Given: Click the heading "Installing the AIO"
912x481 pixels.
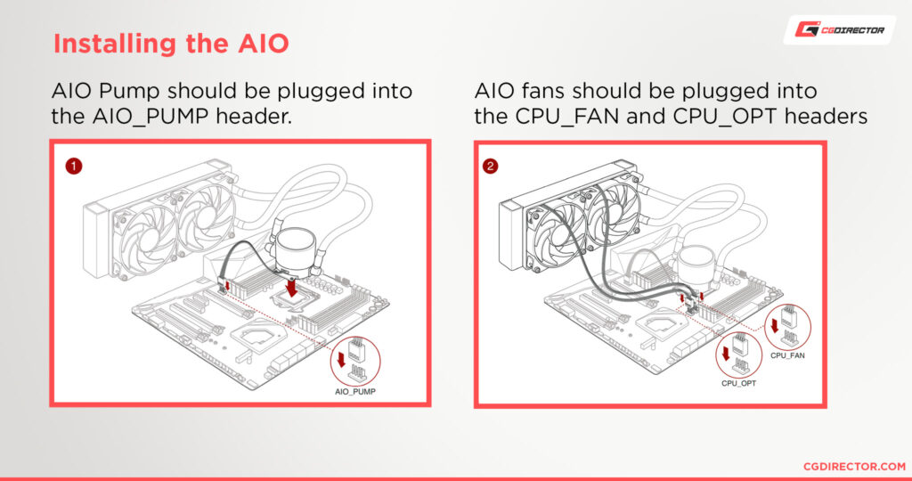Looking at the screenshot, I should coord(171,44).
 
